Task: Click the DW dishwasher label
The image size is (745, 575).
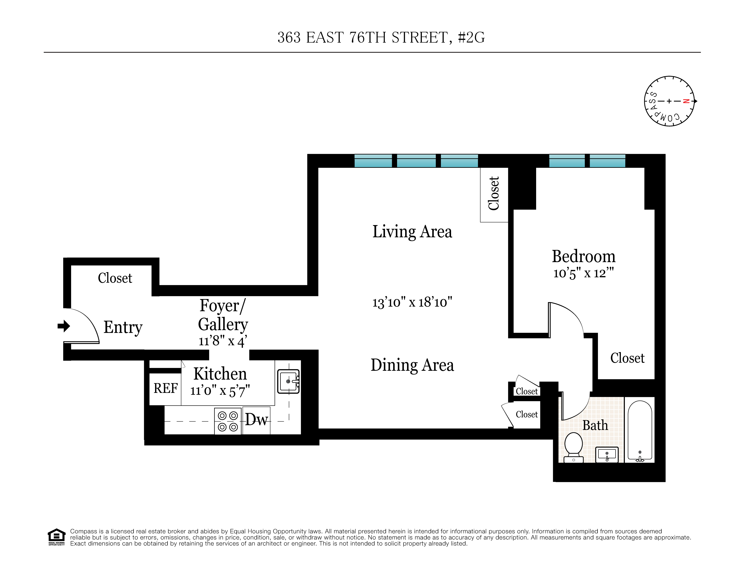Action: (257, 419)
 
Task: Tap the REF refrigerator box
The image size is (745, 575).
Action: (165, 389)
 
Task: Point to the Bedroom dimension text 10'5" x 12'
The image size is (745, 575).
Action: (583, 273)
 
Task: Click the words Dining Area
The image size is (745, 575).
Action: (412, 365)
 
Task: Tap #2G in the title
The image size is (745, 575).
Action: (471, 38)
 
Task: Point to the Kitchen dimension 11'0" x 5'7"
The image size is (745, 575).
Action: (220, 391)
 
